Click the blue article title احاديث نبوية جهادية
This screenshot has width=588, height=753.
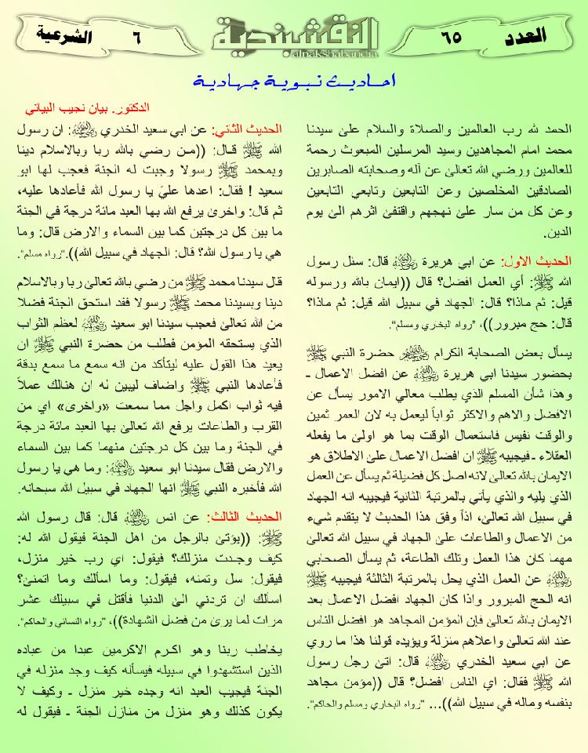click(294, 81)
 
